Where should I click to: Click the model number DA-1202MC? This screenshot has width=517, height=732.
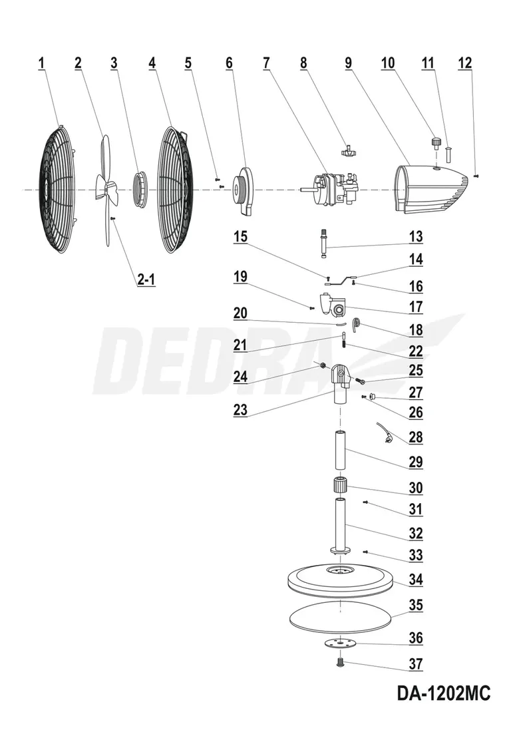(443, 693)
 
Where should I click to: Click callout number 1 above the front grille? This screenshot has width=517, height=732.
(41, 63)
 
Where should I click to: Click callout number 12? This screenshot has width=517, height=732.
(464, 63)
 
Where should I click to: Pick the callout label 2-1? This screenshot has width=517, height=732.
(146, 279)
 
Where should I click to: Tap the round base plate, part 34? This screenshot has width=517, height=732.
(341, 580)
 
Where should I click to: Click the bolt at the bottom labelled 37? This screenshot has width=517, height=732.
(340, 661)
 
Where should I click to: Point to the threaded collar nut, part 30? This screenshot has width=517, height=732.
(341, 485)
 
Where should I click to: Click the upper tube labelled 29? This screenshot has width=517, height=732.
(341, 451)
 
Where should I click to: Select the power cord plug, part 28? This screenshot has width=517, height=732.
(385, 433)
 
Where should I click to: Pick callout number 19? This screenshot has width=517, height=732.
(240, 276)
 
